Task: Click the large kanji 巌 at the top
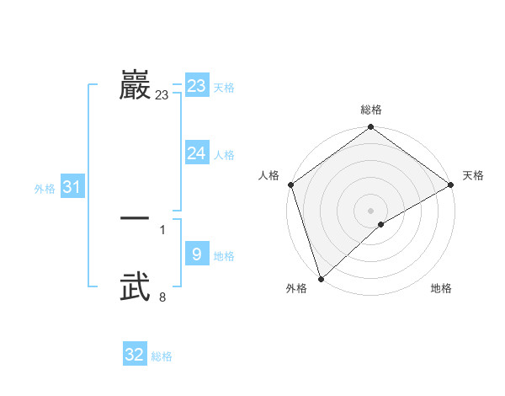135,86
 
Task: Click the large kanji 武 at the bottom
135,286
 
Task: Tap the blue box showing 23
197,86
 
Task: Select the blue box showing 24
197,153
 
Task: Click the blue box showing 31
72,187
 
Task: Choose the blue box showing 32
135,355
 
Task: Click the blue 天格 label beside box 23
224,88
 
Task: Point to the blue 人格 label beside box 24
224,155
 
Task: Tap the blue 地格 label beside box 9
224,256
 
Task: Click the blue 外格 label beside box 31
45,189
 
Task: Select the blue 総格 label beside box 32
162,357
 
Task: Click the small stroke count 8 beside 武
162,296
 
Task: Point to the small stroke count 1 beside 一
162,229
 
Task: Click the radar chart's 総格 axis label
371,110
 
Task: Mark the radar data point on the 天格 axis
451,185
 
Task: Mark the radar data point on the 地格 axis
381,224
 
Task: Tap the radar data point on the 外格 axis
321,278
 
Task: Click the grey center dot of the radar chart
370,210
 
